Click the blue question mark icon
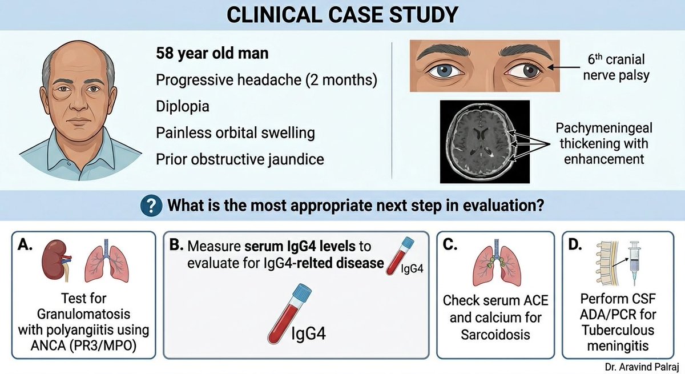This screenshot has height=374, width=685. (148, 206)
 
